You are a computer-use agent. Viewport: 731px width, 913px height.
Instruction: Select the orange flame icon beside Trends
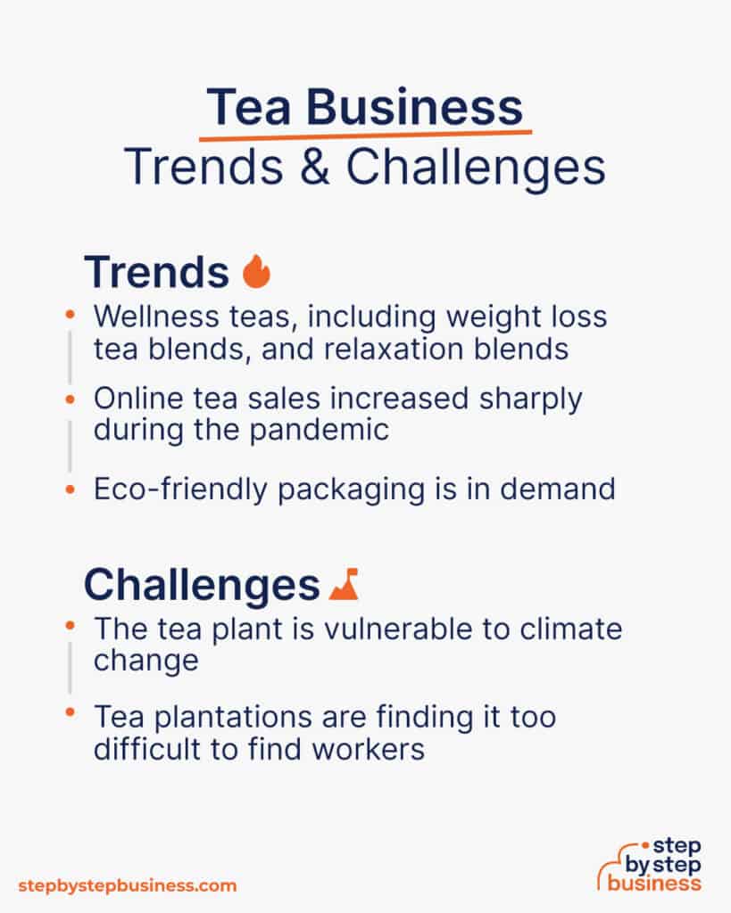click(x=256, y=272)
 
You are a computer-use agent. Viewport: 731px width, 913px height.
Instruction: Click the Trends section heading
click(x=156, y=273)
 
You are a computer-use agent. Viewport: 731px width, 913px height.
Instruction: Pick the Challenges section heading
click(x=202, y=585)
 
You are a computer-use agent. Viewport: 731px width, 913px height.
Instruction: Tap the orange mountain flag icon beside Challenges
click(x=343, y=584)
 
